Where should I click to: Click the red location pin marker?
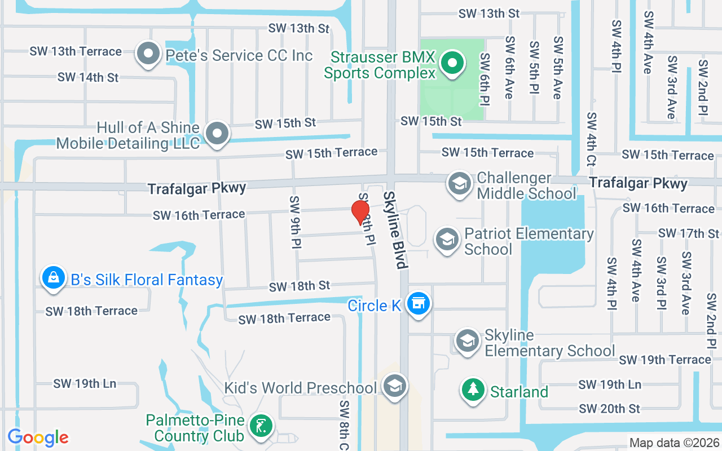pyautogui.click(x=360, y=213)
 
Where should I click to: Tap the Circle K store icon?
pyautogui.click(x=419, y=304)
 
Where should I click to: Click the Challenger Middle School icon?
pyautogui.click(x=459, y=184)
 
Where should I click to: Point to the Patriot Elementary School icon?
pyautogui.click(x=447, y=240)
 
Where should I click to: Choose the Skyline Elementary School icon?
pyautogui.click(x=467, y=342)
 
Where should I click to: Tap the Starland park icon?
pyautogui.click(x=473, y=390)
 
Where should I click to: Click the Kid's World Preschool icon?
pyautogui.click(x=394, y=387)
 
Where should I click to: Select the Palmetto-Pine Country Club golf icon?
pyautogui.click(x=260, y=427)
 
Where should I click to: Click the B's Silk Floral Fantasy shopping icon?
pyautogui.click(x=53, y=278)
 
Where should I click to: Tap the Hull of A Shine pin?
pyautogui.click(x=217, y=134)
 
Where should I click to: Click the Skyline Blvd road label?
pyautogui.click(x=395, y=229)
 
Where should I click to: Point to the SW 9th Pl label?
pyautogui.click(x=295, y=222)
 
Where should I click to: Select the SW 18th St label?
pyautogui.click(x=299, y=286)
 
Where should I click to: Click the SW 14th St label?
pyautogui.click(x=88, y=77)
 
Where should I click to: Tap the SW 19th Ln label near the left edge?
pyautogui.click(x=85, y=383)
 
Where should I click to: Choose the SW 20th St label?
pyautogui.click(x=609, y=408)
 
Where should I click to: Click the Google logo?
pyautogui.click(x=38, y=437)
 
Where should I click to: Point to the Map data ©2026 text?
pyautogui.click(x=674, y=443)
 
